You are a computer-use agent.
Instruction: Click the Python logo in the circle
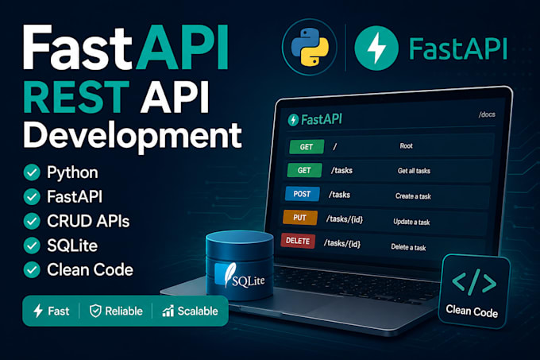pos(310,47)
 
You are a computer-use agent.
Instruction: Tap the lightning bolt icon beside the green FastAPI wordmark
pos(376,48)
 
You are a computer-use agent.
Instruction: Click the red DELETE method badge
pos(298,241)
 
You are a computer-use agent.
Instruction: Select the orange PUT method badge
pos(300,218)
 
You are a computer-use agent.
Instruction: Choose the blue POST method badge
pos(303,194)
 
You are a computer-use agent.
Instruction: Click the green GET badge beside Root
pos(307,147)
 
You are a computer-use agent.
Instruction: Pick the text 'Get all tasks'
pos(414,171)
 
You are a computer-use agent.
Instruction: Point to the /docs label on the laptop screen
pos(487,114)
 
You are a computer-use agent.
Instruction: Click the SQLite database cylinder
pos(240,265)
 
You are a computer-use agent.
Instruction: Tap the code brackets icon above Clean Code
pos(474,283)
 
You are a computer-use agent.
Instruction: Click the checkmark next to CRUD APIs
pos(32,221)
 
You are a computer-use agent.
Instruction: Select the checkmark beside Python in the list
pos(32,172)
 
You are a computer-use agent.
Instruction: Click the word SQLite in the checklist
pos(72,246)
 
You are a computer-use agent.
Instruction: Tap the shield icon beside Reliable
pos(95,311)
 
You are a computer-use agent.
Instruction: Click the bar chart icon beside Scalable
pos(168,311)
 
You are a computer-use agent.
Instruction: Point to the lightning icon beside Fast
pos(38,311)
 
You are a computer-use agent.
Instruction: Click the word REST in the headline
pos(76,97)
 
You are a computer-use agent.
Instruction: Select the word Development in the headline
pos(133,135)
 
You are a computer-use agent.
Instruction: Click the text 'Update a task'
pos(411,222)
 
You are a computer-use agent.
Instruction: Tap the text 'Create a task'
pos(413,196)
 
